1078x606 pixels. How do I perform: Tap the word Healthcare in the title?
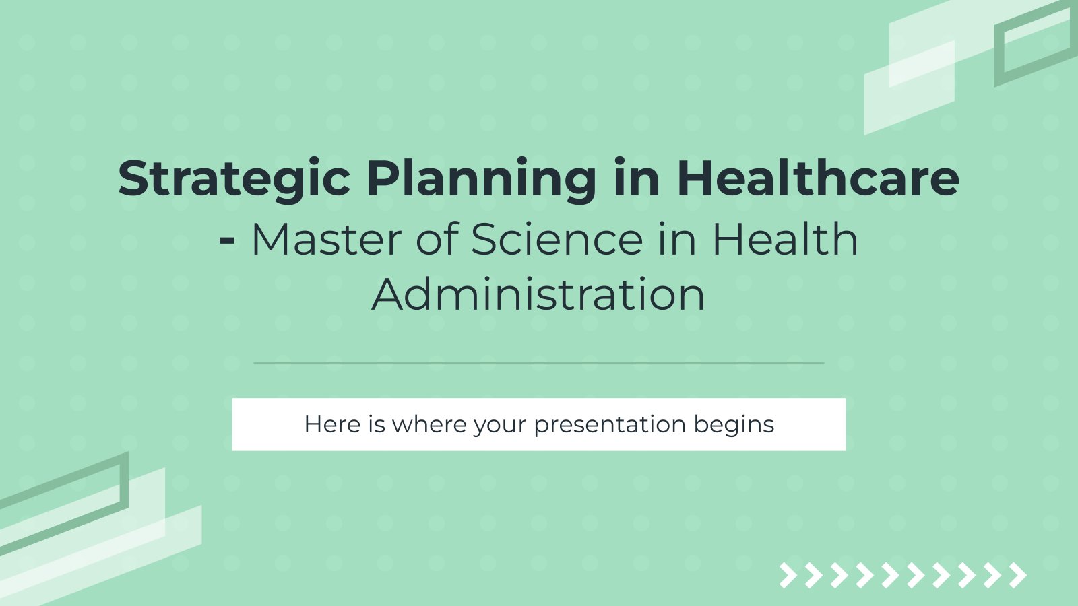pos(818,178)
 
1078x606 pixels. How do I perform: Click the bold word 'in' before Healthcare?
pos(636,178)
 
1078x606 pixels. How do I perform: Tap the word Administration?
pos(538,294)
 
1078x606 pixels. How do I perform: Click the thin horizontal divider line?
pos(539,363)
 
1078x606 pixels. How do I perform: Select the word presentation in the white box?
pos(610,425)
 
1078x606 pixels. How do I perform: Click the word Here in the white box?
pos(333,424)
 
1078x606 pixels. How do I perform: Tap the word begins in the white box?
pos(734,425)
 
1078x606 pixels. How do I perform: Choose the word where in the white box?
pos(429,424)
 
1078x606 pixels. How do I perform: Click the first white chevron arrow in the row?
pos(788,575)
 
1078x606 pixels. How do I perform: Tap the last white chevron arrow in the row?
pos(1018,575)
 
